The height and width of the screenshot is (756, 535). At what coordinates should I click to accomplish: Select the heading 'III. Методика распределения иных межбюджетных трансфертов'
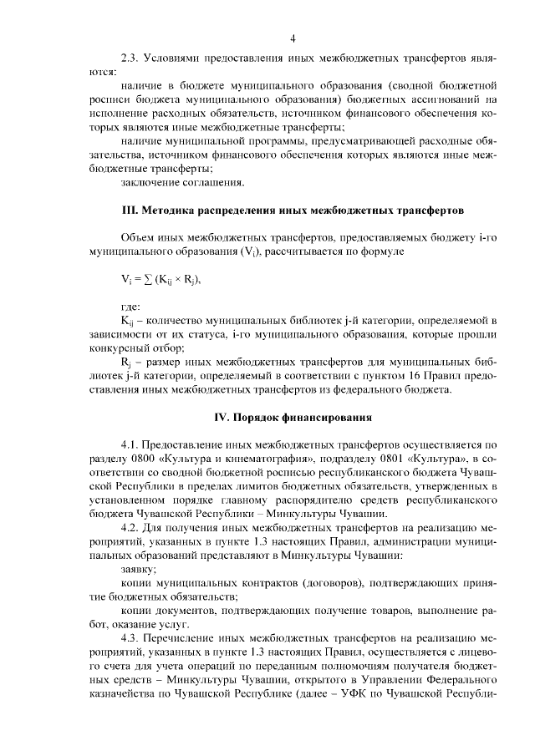click(293, 208)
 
